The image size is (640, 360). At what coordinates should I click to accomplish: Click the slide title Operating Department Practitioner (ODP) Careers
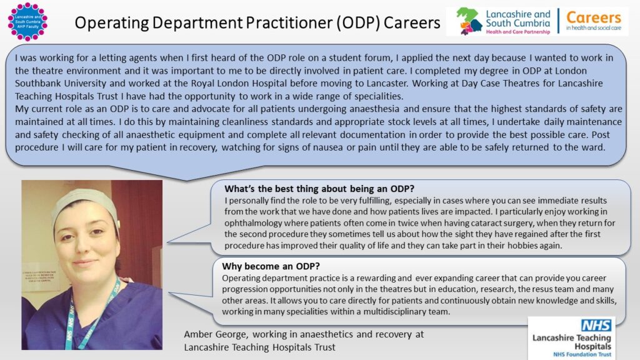[257, 22]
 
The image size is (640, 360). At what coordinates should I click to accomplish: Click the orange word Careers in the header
[593, 17]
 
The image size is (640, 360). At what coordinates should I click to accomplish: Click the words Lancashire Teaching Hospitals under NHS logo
[571, 341]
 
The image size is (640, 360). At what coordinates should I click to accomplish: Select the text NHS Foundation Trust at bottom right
[571, 354]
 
